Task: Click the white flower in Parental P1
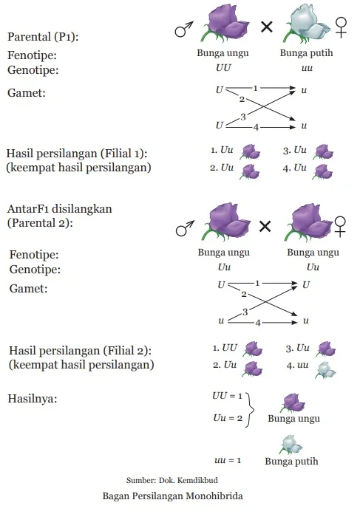[306, 24]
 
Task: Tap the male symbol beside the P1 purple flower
[184, 29]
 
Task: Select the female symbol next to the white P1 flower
[341, 27]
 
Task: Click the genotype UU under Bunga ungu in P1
[223, 68]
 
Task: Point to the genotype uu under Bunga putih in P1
[307, 68]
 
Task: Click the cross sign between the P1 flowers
[266, 27]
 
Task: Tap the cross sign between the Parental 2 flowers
[265, 226]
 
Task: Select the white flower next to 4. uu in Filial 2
[325, 370]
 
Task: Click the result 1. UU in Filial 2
[225, 348]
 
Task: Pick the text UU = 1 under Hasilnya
[227, 396]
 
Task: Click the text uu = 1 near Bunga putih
[228, 460]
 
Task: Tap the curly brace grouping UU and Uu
[251, 409]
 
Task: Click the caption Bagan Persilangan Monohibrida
[173, 496]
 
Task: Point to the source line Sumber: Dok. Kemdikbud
[171, 480]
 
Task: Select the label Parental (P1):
[43, 36]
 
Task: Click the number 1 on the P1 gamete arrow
[255, 88]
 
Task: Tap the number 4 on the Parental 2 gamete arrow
[258, 323]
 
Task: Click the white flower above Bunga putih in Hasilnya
[292, 445]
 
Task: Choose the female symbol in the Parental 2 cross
[340, 227]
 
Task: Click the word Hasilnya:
[33, 399]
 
